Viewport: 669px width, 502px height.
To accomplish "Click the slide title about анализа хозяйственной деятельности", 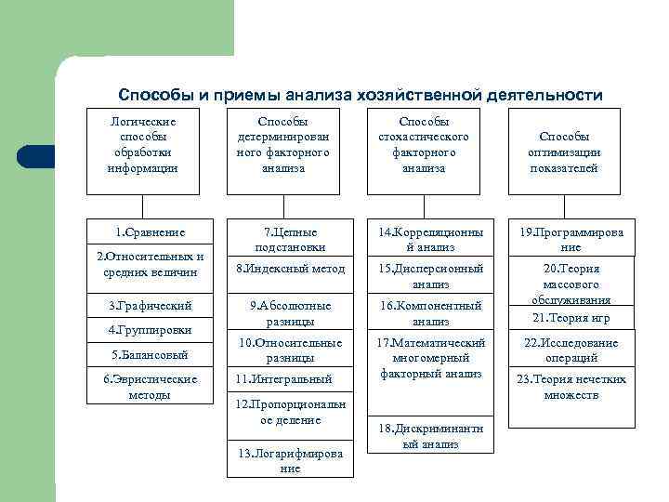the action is click(361, 95).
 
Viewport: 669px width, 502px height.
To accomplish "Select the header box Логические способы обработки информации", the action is click(142, 145).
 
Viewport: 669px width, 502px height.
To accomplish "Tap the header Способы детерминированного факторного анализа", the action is click(284, 145).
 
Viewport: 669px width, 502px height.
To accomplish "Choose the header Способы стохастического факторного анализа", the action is click(424, 145).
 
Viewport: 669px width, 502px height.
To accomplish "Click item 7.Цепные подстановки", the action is click(290, 239).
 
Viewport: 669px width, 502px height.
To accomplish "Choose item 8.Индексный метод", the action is click(290, 269).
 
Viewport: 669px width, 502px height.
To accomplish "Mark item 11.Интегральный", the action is click(290, 379).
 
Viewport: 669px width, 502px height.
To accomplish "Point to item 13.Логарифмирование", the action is click(290, 461).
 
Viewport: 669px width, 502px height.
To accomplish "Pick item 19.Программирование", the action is click(571, 239).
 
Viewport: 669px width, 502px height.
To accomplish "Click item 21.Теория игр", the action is click(571, 318).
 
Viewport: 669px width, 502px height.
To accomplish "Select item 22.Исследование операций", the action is click(571, 350).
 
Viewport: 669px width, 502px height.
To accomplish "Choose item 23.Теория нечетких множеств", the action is click(571, 387).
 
